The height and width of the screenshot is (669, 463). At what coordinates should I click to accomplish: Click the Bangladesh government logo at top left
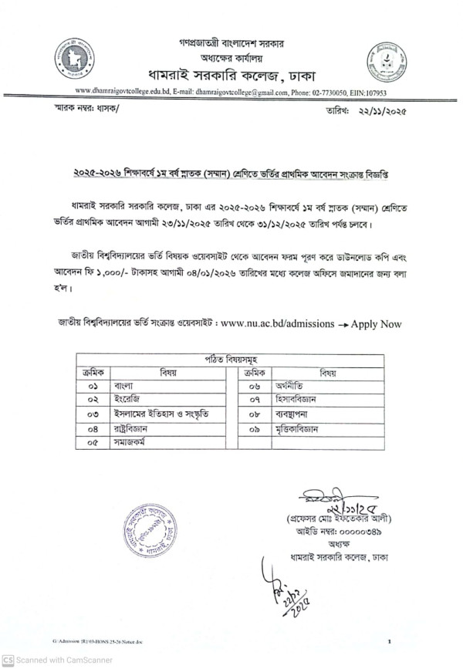[74, 57]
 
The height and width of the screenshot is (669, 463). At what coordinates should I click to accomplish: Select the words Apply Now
[376, 324]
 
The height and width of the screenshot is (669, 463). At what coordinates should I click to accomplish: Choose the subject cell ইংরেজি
[127, 400]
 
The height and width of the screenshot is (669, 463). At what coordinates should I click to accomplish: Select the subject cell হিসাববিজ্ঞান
[301, 400]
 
